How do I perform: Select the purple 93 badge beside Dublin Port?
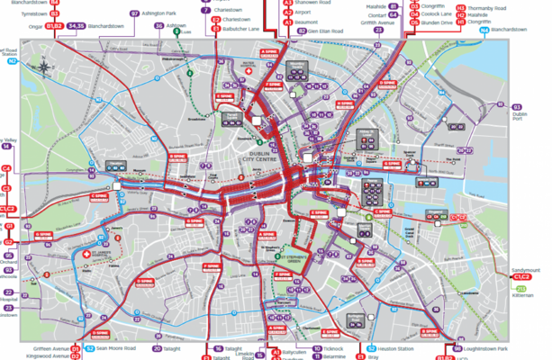pos(517,105)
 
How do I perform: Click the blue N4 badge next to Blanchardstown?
pos(484,30)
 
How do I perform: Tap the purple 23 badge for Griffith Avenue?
pos(380,29)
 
